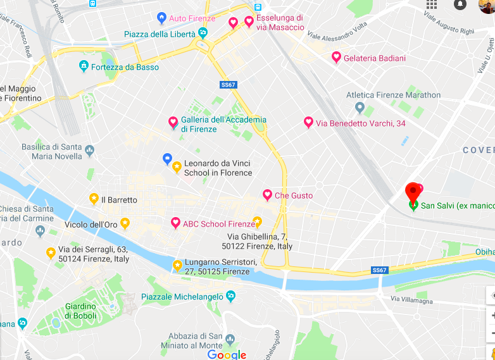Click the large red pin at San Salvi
click(x=413, y=190)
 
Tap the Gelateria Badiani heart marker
click(x=337, y=58)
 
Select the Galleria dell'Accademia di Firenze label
click(x=223, y=124)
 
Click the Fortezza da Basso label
click(x=125, y=67)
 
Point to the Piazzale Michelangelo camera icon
click(x=230, y=296)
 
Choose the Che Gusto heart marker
click(x=267, y=196)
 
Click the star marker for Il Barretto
click(x=94, y=199)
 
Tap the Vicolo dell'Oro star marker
click(x=125, y=223)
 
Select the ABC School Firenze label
click(x=218, y=224)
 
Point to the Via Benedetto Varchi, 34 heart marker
click(x=308, y=123)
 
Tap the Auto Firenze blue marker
click(x=161, y=18)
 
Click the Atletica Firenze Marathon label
click(x=393, y=95)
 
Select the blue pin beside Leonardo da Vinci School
click(x=168, y=158)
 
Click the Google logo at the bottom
click(x=227, y=354)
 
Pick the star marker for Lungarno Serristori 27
click(x=178, y=264)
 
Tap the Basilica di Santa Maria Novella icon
click(x=89, y=151)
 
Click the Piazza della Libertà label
click(x=160, y=34)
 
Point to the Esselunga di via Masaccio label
click(x=279, y=22)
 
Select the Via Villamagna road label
click(x=411, y=300)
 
